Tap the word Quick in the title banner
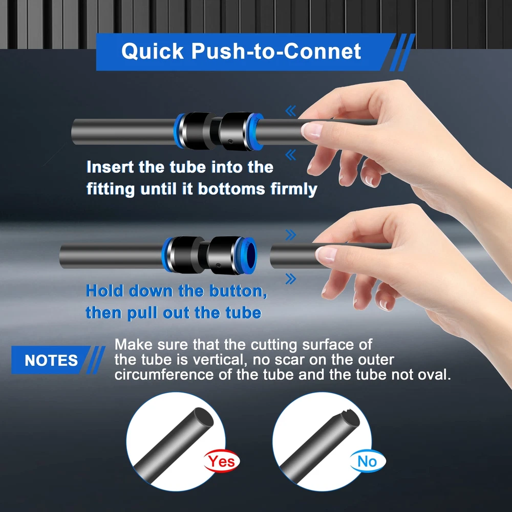coord(153,52)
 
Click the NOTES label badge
coord(51,360)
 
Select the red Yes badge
coord(222,461)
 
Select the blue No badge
coord(367,461)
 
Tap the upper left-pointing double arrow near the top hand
coord(291,111)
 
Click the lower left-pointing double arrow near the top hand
coord(291,155)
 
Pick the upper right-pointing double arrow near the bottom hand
coord(291,235)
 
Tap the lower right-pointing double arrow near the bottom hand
coord(291,279)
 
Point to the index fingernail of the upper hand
coord(312,130)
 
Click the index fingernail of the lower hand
coord(326,254)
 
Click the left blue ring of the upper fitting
coord(179,131)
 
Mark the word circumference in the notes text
coord(164,375)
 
